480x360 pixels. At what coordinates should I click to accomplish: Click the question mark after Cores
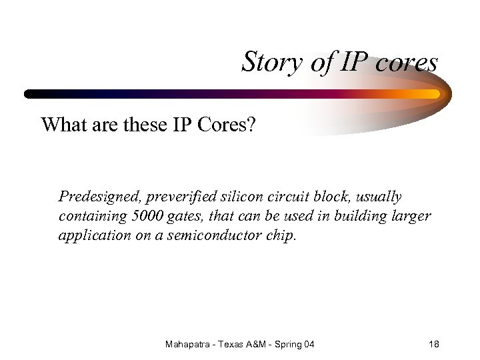click(250, 125)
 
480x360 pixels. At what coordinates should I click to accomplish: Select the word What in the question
click(63, 125)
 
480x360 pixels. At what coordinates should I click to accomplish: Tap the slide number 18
click(434, 344)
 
